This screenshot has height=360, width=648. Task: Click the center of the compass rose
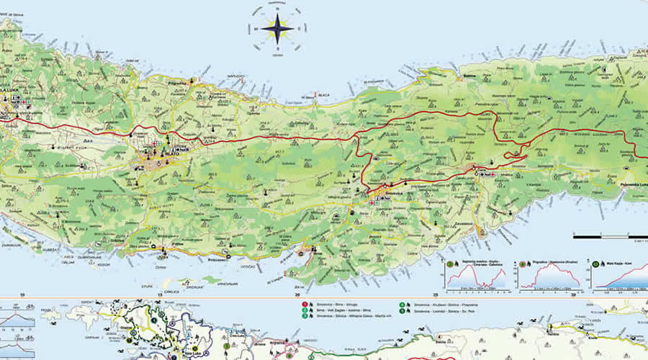tap(276, 29)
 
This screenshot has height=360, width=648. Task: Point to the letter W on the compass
tap(256, 30)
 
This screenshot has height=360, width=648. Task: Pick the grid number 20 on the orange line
tap(297, 294)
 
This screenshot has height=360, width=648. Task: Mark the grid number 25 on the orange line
tap(435, 294)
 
